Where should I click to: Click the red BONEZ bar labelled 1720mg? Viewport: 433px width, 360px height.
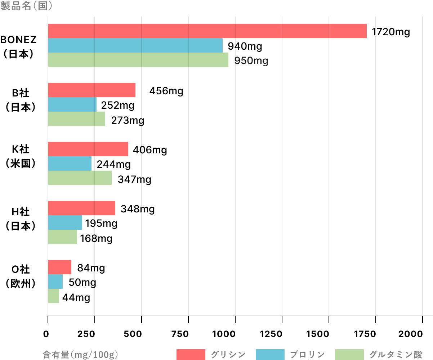[207, 31]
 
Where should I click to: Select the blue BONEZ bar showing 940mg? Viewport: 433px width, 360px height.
[135, 45]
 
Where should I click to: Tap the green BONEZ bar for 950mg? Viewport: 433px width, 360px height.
[138, 60]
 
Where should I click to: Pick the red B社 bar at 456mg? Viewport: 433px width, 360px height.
[91, 90]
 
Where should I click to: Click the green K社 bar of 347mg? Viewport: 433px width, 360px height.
[80, 178]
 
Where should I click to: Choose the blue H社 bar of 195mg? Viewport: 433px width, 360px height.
[65, 222]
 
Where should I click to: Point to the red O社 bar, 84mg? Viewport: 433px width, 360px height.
[59, 267]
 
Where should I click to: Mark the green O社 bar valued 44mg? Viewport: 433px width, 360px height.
[53, 296]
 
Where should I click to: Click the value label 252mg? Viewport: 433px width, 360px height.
[117, 105]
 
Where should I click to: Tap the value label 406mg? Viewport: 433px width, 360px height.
[150, 150]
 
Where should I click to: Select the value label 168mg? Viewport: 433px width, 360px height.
[96, 238]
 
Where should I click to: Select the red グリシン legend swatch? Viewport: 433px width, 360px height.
[191, 354]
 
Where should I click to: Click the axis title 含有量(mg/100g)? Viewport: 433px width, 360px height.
[80, 355]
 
